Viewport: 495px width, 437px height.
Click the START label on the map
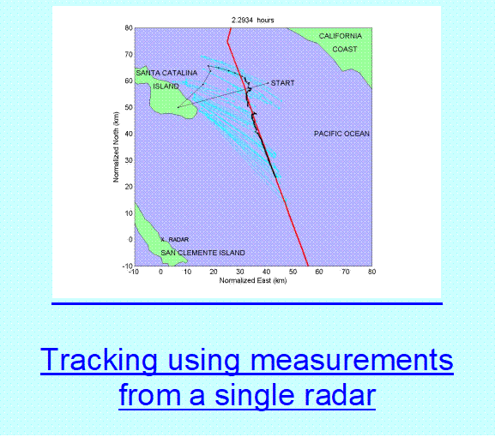(x=282, y=83)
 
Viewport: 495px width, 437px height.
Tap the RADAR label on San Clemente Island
(x=178, y=240)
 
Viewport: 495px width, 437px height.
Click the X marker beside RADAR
(x=163, y=240)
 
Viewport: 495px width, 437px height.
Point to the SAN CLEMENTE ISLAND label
(x=202, y=253)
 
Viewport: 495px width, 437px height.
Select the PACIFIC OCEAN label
(x=341, y=134)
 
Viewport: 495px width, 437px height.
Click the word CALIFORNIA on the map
(x=341, y=36)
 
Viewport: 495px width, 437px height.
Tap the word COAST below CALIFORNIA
(x=345, y=49)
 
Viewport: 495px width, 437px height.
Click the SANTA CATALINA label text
(x=166, y=73)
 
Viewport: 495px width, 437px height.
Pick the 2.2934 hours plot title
(x=253, y=21)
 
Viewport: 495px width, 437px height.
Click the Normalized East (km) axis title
(x=253, y=280)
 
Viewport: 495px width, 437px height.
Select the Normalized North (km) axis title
(x=116, y=147)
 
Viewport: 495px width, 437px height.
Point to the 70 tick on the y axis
(x=129, y=54)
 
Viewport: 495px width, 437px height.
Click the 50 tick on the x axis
(x=293, y=272)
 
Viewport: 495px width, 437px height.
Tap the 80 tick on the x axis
(x=371, y=272)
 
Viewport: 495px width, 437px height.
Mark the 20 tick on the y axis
(x=129, y=187)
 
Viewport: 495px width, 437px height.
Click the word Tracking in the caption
(x=99, y=360)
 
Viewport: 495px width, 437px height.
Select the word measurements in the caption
(x=352, y=360)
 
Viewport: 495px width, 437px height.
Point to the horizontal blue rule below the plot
(x=247, y=303)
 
